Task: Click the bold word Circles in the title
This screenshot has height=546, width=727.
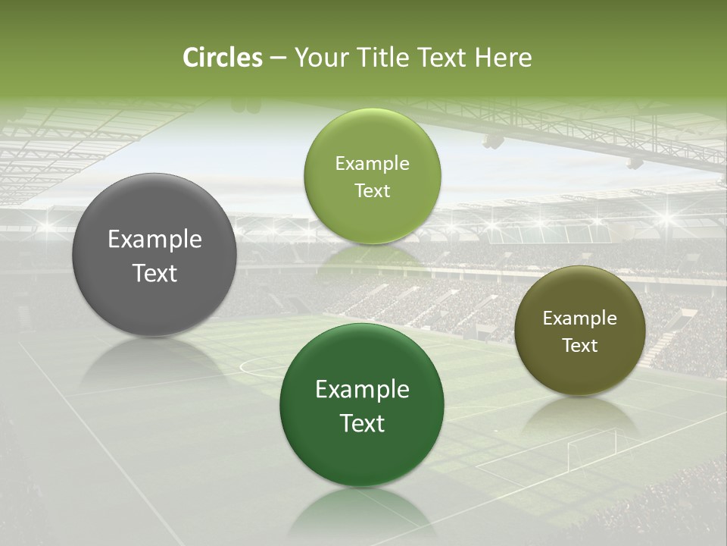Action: [223, 58]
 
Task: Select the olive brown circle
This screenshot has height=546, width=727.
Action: [580, 372]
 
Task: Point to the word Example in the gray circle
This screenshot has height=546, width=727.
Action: [154, 240]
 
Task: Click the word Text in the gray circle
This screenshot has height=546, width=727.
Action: [154, 274]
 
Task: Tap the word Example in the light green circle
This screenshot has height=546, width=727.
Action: [372, 164]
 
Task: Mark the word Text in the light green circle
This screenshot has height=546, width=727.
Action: [372, 191]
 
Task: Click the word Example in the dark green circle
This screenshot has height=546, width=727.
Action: [362, 390]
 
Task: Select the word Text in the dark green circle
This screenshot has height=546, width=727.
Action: [362, 423]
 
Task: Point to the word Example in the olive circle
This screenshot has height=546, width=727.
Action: [580, 318]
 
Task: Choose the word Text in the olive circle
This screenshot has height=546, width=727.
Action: [580, 346]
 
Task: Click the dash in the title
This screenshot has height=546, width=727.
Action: [278, 58]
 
